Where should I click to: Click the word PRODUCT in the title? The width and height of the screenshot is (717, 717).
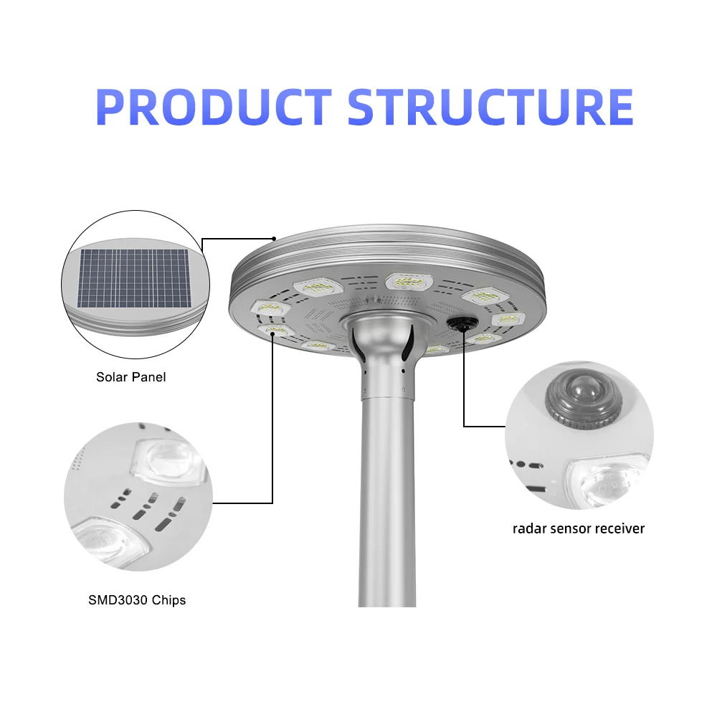(213, 108)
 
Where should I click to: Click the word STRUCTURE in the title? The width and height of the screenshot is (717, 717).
(490, 108)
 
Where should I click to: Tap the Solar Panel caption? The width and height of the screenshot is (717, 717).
(130, 376)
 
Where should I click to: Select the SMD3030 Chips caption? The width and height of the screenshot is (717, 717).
(137, 599)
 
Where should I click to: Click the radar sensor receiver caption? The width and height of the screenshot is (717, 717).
(578, 529)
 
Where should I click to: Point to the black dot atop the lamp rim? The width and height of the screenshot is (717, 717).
(274, 237)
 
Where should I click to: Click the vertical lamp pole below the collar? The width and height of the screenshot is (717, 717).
(386, 502)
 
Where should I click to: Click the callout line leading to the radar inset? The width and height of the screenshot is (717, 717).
(465, 387)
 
